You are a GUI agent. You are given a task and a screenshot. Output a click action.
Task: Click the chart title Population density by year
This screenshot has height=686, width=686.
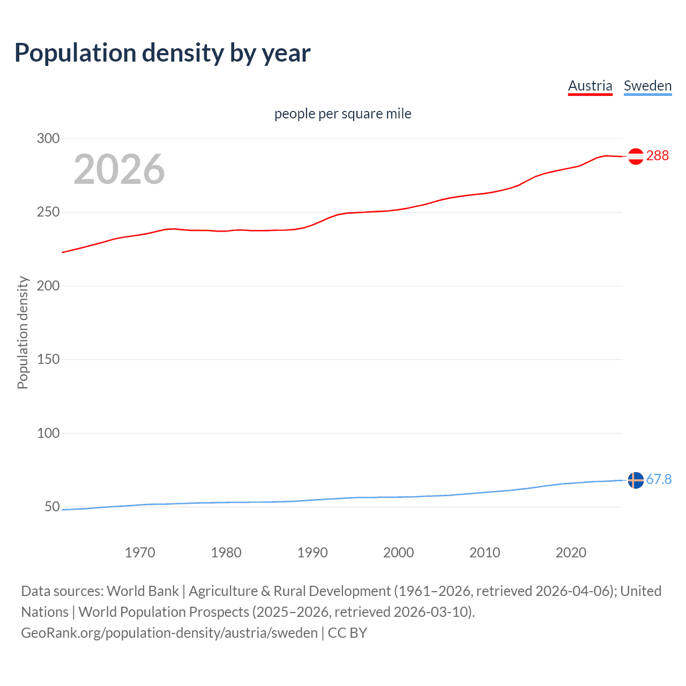pos(162,53)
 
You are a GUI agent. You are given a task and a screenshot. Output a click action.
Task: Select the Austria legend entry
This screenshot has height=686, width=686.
pos(590,86)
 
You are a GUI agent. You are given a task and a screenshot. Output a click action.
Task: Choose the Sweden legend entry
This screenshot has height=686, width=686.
pos(647,86)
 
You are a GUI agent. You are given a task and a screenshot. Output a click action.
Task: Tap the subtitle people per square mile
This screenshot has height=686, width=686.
pos(342,114)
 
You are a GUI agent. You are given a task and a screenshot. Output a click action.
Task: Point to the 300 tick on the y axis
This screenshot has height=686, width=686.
pos(48,138)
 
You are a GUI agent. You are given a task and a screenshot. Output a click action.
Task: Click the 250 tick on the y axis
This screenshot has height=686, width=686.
pos(48,212)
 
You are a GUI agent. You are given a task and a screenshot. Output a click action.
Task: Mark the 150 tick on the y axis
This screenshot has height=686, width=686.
pos(48,360)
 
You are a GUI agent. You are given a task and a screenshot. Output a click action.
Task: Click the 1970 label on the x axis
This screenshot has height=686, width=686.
pos(140,553)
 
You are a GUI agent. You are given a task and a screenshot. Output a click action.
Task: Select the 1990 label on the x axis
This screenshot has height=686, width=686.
pos(312,553)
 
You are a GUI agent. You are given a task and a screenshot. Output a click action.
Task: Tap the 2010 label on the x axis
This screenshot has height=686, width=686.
pos(484,553)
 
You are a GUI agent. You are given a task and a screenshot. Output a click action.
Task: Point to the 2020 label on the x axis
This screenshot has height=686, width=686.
pos(571,553)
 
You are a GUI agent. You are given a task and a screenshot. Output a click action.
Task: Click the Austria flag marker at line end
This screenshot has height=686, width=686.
pos(636,156)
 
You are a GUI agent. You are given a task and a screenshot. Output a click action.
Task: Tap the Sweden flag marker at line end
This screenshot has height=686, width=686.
pos(636,480)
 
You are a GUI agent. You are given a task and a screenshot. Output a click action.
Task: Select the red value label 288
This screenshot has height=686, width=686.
pos(658,155)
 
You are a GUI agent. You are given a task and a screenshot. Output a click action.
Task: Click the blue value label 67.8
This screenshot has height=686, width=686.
pos(659,479)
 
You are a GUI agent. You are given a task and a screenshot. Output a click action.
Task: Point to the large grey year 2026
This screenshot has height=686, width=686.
pos(119,169)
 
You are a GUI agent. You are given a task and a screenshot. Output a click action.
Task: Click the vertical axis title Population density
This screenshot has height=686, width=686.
pos(23,332)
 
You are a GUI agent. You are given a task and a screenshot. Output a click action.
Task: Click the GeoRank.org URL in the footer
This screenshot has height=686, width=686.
pos(169,633)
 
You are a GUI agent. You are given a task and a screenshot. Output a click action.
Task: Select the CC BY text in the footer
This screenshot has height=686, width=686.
pos(347,633)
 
